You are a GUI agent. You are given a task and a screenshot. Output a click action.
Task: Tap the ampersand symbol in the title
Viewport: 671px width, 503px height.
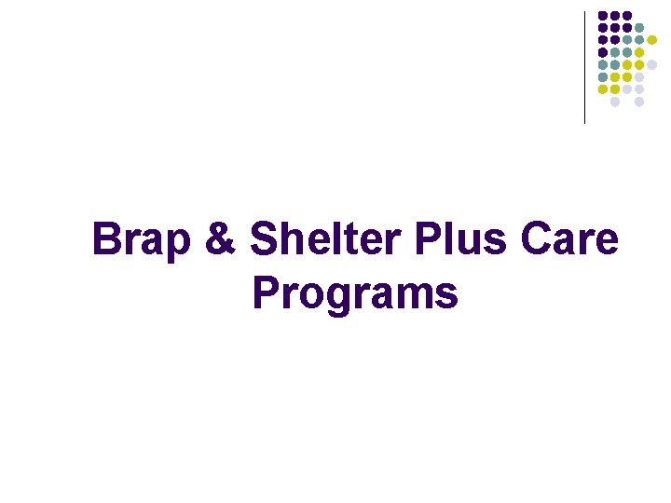(220, 240)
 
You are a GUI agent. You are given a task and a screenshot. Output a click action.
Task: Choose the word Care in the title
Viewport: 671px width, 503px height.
(569, 240)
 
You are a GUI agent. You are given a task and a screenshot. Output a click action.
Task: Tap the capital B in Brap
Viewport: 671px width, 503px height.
(107, 240)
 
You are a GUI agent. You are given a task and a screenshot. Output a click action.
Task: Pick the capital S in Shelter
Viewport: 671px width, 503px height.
(266, 240)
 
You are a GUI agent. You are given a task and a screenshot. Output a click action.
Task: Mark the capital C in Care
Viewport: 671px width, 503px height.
(539, 240)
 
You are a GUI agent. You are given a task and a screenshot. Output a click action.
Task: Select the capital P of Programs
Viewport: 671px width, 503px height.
(266, 293)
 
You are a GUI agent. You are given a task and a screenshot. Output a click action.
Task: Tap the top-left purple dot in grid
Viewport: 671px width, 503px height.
(603, 16)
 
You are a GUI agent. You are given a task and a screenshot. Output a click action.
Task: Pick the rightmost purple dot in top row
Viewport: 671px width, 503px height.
(627, 16)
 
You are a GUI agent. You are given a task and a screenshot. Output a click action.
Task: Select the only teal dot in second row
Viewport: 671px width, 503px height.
(639, 28)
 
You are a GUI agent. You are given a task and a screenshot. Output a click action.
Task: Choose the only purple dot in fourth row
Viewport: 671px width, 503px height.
(603, 52)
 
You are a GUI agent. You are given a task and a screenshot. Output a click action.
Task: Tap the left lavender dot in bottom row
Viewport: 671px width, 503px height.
(615, 102)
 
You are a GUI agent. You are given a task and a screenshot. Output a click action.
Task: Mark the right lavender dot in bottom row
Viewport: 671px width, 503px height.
(639, 102)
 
